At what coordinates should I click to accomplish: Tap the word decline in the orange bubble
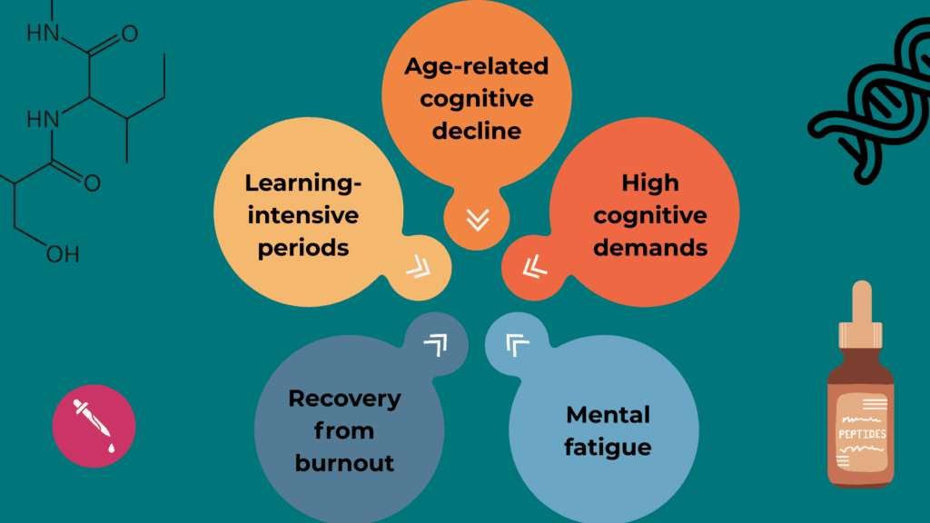(476, 130)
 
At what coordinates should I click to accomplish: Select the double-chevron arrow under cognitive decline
(477, 220)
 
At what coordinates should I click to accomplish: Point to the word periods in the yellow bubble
(303, 247)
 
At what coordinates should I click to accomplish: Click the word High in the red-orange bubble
(649, 183)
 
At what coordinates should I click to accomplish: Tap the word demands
(650, 247)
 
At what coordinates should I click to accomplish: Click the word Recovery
(344, 398)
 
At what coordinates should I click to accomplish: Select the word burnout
(344, 462)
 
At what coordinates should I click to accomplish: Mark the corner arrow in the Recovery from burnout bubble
(436, 343)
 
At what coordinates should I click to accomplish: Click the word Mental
(608, 415)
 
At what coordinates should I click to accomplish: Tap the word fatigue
(607, 448)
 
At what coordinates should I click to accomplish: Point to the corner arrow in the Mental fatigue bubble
(517, 344)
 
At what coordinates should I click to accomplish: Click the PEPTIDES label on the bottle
(861, 433)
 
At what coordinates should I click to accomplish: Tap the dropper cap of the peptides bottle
(861, 313)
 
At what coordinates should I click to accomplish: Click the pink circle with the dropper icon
(94, 426)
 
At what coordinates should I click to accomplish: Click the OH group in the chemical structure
(63, 254)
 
